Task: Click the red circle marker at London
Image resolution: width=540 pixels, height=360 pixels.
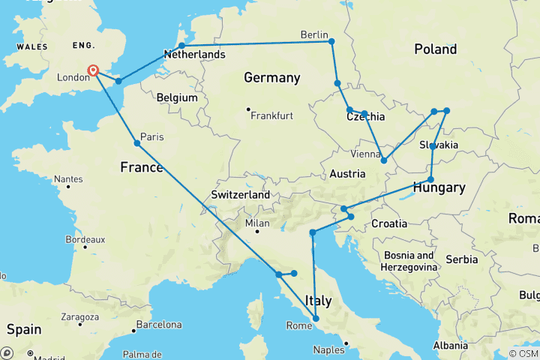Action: tap(94, 70)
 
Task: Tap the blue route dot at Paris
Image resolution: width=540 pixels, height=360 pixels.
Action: tap(137, 143)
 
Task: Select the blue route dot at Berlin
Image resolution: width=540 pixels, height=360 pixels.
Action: tap(331, 41)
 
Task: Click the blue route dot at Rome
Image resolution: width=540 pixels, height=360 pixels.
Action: tap(316, 319)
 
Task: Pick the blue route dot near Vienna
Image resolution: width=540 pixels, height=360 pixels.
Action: tap(384, 160)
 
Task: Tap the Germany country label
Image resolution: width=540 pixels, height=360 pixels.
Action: tap(271, 78)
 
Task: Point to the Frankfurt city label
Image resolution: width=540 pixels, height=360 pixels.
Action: tap(271, 115)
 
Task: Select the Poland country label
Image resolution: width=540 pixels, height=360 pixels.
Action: tap(435, 49)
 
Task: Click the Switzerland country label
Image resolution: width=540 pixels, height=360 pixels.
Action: tap(240, 194)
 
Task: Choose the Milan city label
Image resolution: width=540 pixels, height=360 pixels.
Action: tap(258, 223)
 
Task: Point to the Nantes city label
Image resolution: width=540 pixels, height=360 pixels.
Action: tap(67, 179)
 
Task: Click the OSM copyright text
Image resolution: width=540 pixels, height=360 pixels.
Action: tap(523, 353)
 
